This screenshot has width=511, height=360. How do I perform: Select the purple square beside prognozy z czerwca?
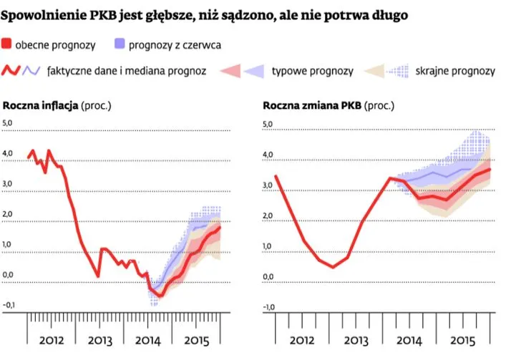click(x=120, y=45)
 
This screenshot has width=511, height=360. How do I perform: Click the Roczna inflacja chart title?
click(x=43, y=106)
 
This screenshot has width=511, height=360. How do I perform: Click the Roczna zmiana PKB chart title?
click(x=312, y=106)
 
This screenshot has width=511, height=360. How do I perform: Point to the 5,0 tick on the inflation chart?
click(x=9, y=123)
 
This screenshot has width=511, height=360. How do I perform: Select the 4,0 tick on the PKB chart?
click(x=269, y=155)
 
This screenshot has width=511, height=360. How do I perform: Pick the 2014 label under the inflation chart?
click(x=147, y=340)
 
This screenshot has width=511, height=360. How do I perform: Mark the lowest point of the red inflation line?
click(x=160, y=295)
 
